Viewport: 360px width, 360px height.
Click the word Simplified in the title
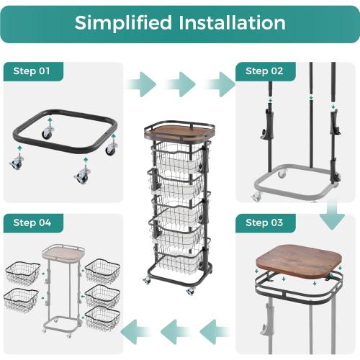pyautogui.click(x=123, y=23)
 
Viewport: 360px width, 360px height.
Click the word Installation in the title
pyautogui.click(x=232, y=23)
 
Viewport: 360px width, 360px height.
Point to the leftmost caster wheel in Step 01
pyautogui.click(x=16, y=163)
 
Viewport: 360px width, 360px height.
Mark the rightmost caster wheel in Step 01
pyautogui.click(x=112, y=149)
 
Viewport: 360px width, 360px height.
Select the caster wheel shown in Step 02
pyautogui.click(x=257, y=196)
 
